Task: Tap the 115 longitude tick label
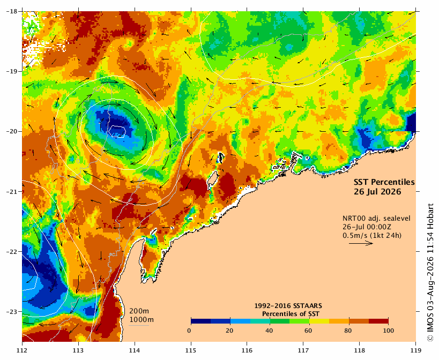point(191,350)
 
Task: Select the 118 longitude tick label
point(360,350)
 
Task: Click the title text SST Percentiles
point(384,182)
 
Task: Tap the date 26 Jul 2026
point(377,192)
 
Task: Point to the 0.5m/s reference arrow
point(361,243)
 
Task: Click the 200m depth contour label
point(139,311)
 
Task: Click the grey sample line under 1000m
point(139,325)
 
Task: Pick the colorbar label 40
point(269,331)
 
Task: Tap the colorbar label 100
point(388,331)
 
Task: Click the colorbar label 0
point(190,331)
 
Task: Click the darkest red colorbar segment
point(378,321)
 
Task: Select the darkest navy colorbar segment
point(201,321)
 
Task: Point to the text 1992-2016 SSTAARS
point(288,306)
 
